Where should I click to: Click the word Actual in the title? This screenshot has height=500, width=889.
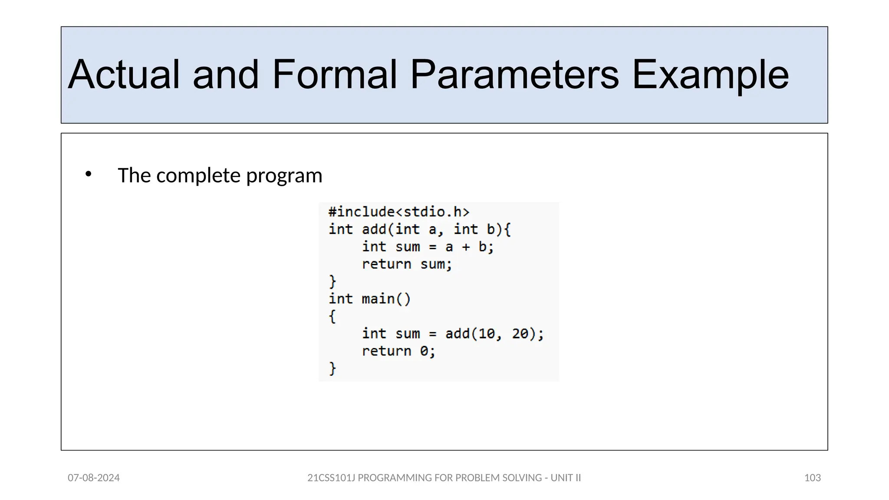[123, 75]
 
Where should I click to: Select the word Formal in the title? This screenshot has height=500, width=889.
[334, 75]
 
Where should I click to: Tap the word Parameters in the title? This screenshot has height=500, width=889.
[514, 75]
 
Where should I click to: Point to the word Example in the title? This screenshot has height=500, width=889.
[710, 75]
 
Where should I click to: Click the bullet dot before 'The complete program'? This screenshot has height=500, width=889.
[89, 174]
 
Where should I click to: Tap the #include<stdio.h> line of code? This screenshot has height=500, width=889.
[399, 212]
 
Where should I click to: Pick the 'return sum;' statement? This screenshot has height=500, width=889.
[407, 264]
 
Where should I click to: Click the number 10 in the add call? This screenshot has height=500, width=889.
[487, 333]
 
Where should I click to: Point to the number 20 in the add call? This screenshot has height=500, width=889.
[520, 333]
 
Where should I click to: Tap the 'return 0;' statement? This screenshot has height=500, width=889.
[398, 351]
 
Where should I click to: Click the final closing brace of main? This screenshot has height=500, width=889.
[333, 368]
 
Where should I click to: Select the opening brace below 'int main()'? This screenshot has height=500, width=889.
[333, 316]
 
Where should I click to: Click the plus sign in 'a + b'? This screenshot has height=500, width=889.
[466, 247]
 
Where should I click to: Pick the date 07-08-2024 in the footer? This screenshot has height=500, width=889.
[94, 478]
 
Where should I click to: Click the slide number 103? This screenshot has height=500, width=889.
[812, 478]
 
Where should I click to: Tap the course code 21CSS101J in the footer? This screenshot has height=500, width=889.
[331, 478]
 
